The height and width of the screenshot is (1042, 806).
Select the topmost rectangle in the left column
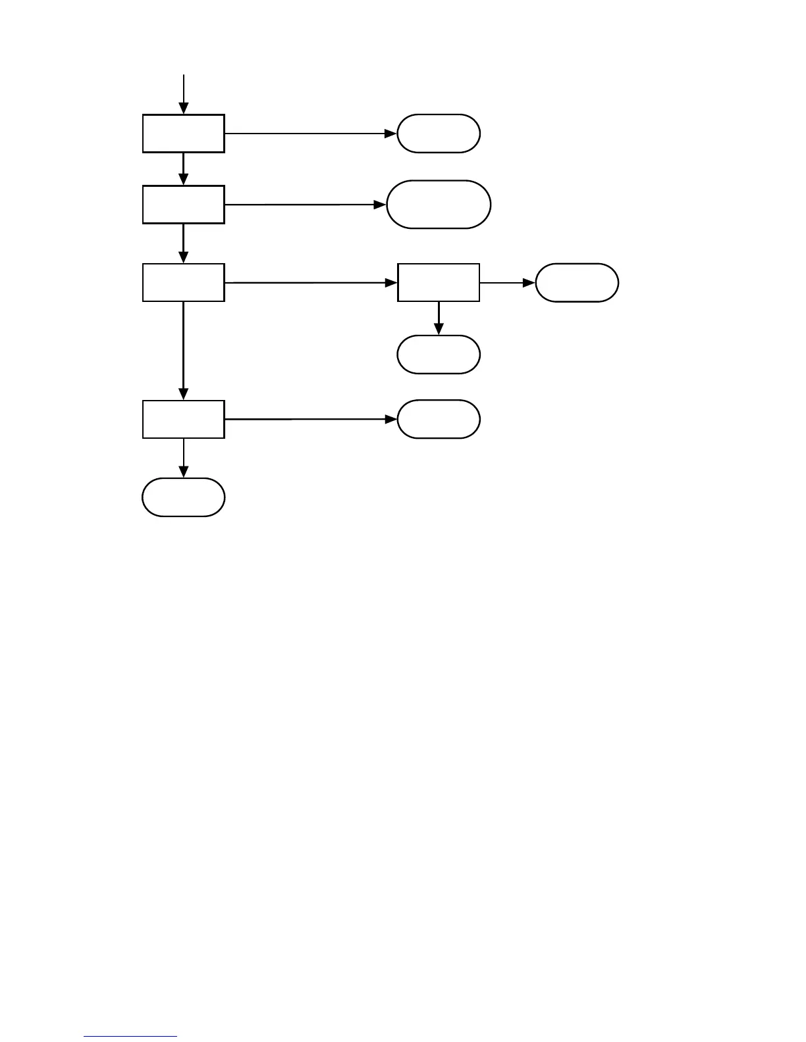[184, 134]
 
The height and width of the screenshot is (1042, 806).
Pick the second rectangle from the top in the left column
[184, 205]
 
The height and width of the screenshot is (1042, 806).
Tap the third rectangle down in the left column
[184, 283]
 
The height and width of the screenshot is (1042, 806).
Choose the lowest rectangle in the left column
[184, 419]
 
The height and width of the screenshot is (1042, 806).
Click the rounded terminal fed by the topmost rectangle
[439, 134]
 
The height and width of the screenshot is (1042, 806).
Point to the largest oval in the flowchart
[439, 205]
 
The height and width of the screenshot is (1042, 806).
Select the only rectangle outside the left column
[439, 283]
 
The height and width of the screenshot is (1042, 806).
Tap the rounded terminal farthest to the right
[577, 283]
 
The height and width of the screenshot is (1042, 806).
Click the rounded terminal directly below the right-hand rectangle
[439, 355]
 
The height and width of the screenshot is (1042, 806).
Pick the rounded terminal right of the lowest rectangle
[439, 419]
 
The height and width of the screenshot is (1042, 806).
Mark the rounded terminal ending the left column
[184, 497]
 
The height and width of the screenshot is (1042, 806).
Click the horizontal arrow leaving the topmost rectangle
[310, 134]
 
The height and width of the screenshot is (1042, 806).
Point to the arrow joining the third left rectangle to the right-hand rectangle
[310, 283]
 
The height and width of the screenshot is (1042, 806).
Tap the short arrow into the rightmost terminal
[507, 283]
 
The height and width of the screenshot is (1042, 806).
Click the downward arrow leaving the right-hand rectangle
[439, 318]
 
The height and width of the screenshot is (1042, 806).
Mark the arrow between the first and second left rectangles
[184, 168]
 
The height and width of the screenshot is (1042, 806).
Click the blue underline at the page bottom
[130, 1037]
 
